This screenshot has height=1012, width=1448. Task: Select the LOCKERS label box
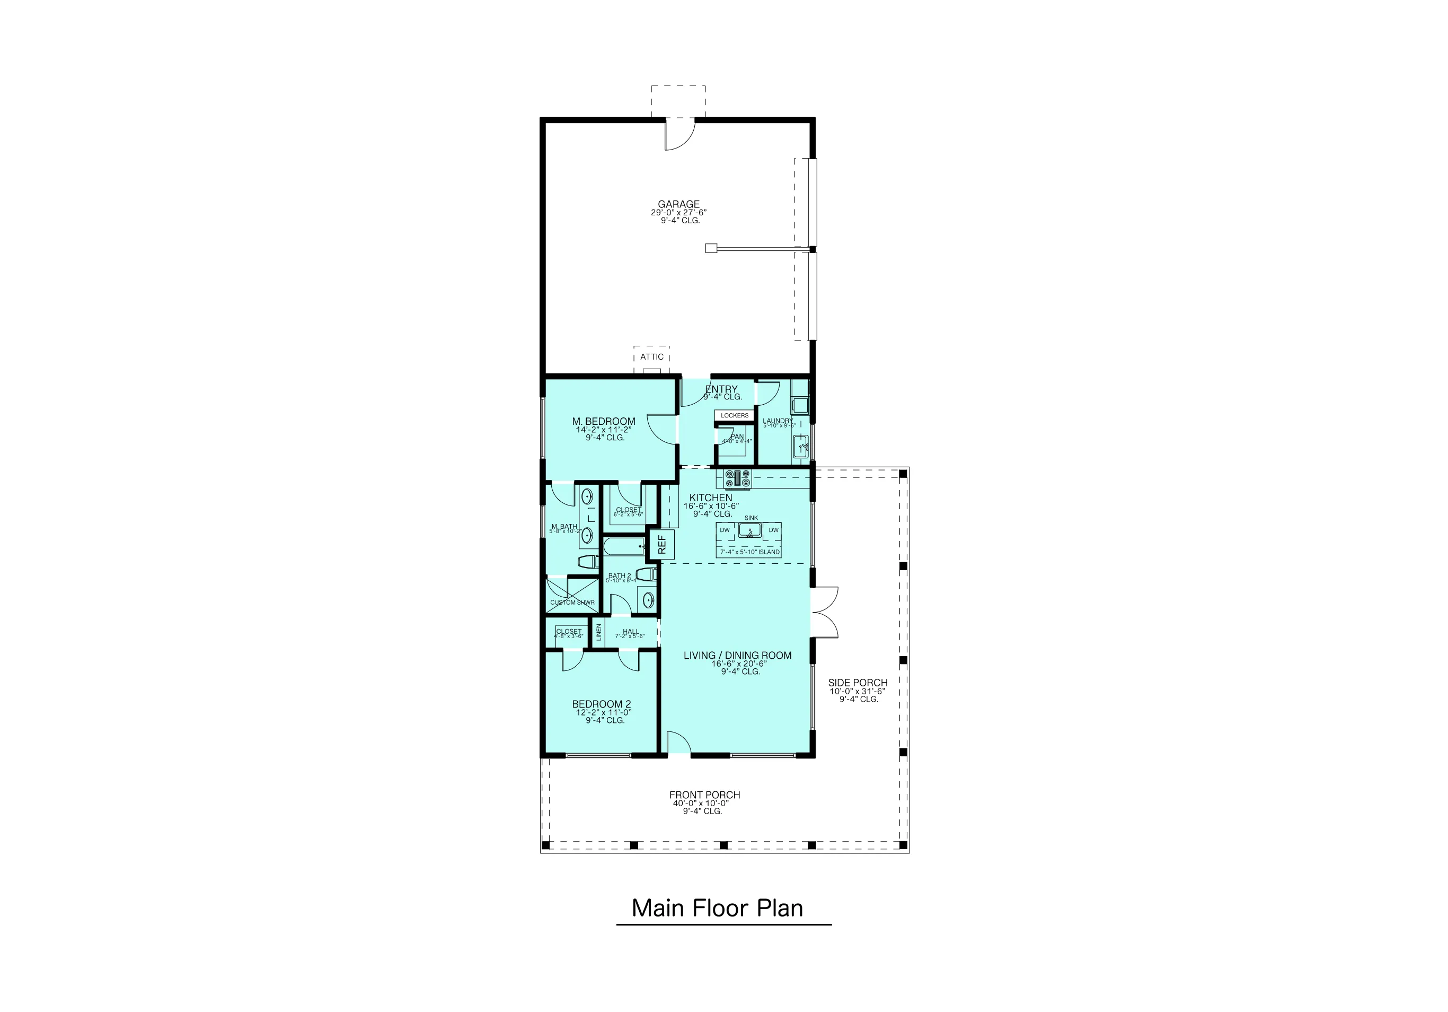point(734,415)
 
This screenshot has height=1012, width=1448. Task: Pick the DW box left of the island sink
point(725,530)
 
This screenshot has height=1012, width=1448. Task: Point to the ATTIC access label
point(651,357)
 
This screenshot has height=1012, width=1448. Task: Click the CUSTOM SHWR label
point(572,603)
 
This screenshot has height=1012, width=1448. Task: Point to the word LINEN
point(598,631)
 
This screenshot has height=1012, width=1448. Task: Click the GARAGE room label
point(678,204)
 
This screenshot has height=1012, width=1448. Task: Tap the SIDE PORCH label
point(858,683)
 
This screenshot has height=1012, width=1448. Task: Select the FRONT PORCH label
point(704,795)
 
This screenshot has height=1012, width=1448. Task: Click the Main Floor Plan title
point(717,908)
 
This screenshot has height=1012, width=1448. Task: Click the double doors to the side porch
point(824,612)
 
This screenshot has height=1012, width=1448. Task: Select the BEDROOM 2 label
point(601,704)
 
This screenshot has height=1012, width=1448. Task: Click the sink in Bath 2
point(647,599)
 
